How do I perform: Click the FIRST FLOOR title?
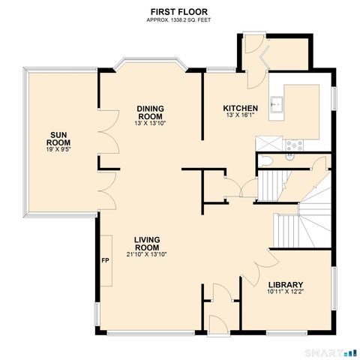[x=180, y=12]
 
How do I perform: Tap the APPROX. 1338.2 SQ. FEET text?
[x=180, y=20]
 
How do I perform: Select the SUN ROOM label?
[x=58, y=136]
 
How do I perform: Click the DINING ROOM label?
[x=150, y=111]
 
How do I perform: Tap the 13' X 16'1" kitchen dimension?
[x=241, y=116]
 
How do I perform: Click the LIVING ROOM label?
[x=147, y=243]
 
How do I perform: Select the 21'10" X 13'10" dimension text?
[x=147, y=254]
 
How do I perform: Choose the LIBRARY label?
[x=285, y=284]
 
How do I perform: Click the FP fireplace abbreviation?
[x=105, y=261]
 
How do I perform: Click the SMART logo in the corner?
[x=330, y=351]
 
